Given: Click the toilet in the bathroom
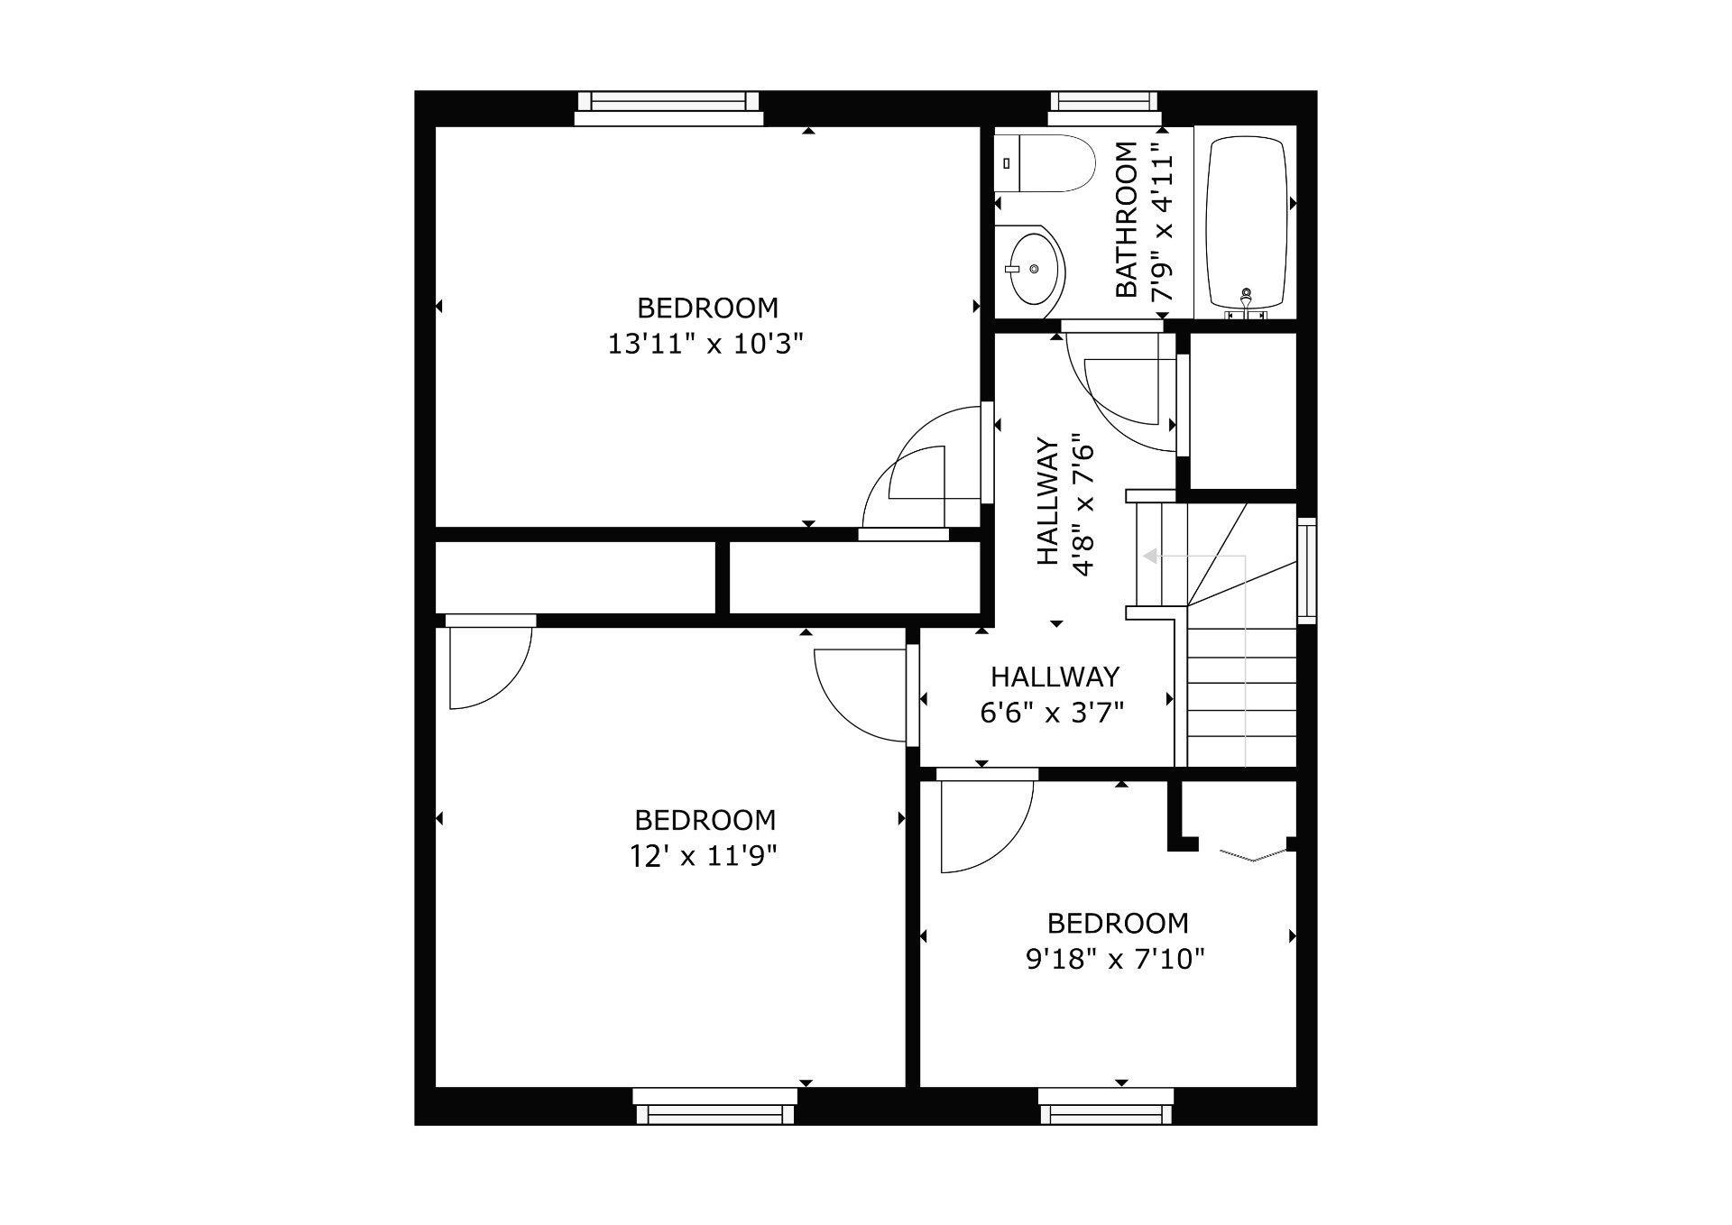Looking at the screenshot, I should point(1046,163).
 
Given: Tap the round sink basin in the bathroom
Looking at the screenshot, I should point(1036,268).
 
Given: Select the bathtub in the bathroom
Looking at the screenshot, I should point(1246,223).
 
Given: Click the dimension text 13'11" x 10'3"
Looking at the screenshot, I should point(705,345).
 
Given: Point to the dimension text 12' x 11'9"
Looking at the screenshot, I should point(704,855).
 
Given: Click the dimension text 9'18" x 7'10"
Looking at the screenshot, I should point(1116,959).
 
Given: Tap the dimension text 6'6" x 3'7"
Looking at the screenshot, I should point(1053,714).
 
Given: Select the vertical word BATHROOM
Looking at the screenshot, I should point(1127,220).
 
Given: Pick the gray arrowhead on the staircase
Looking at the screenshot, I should point(1151,557).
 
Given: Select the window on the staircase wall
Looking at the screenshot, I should point(1306,571).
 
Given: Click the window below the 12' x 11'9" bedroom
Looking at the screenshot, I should point(714,1108).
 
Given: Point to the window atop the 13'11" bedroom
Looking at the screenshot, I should point(668,107).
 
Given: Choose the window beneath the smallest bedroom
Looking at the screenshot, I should point(1106,1108).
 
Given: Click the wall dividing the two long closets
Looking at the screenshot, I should point(723,577).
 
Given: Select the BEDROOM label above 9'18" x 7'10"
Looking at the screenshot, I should point(1117,924).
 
